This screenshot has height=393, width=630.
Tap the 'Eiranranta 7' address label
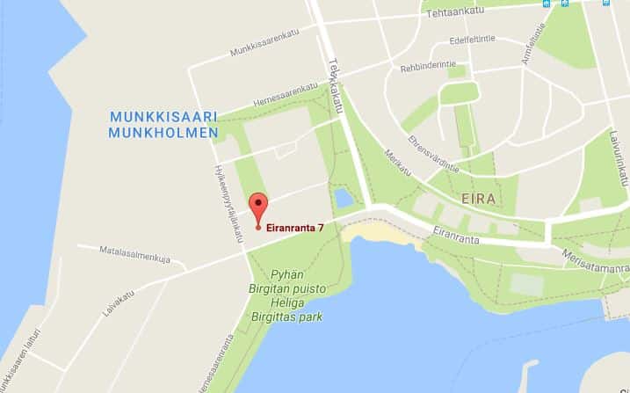[x=294, y=228]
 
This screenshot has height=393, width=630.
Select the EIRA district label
[x=479, y=199]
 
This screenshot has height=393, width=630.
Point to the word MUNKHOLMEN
[x=163, y=133]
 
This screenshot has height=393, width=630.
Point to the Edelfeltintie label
[x=472, y=40]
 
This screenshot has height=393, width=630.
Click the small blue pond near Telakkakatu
[x=343, y=198]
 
